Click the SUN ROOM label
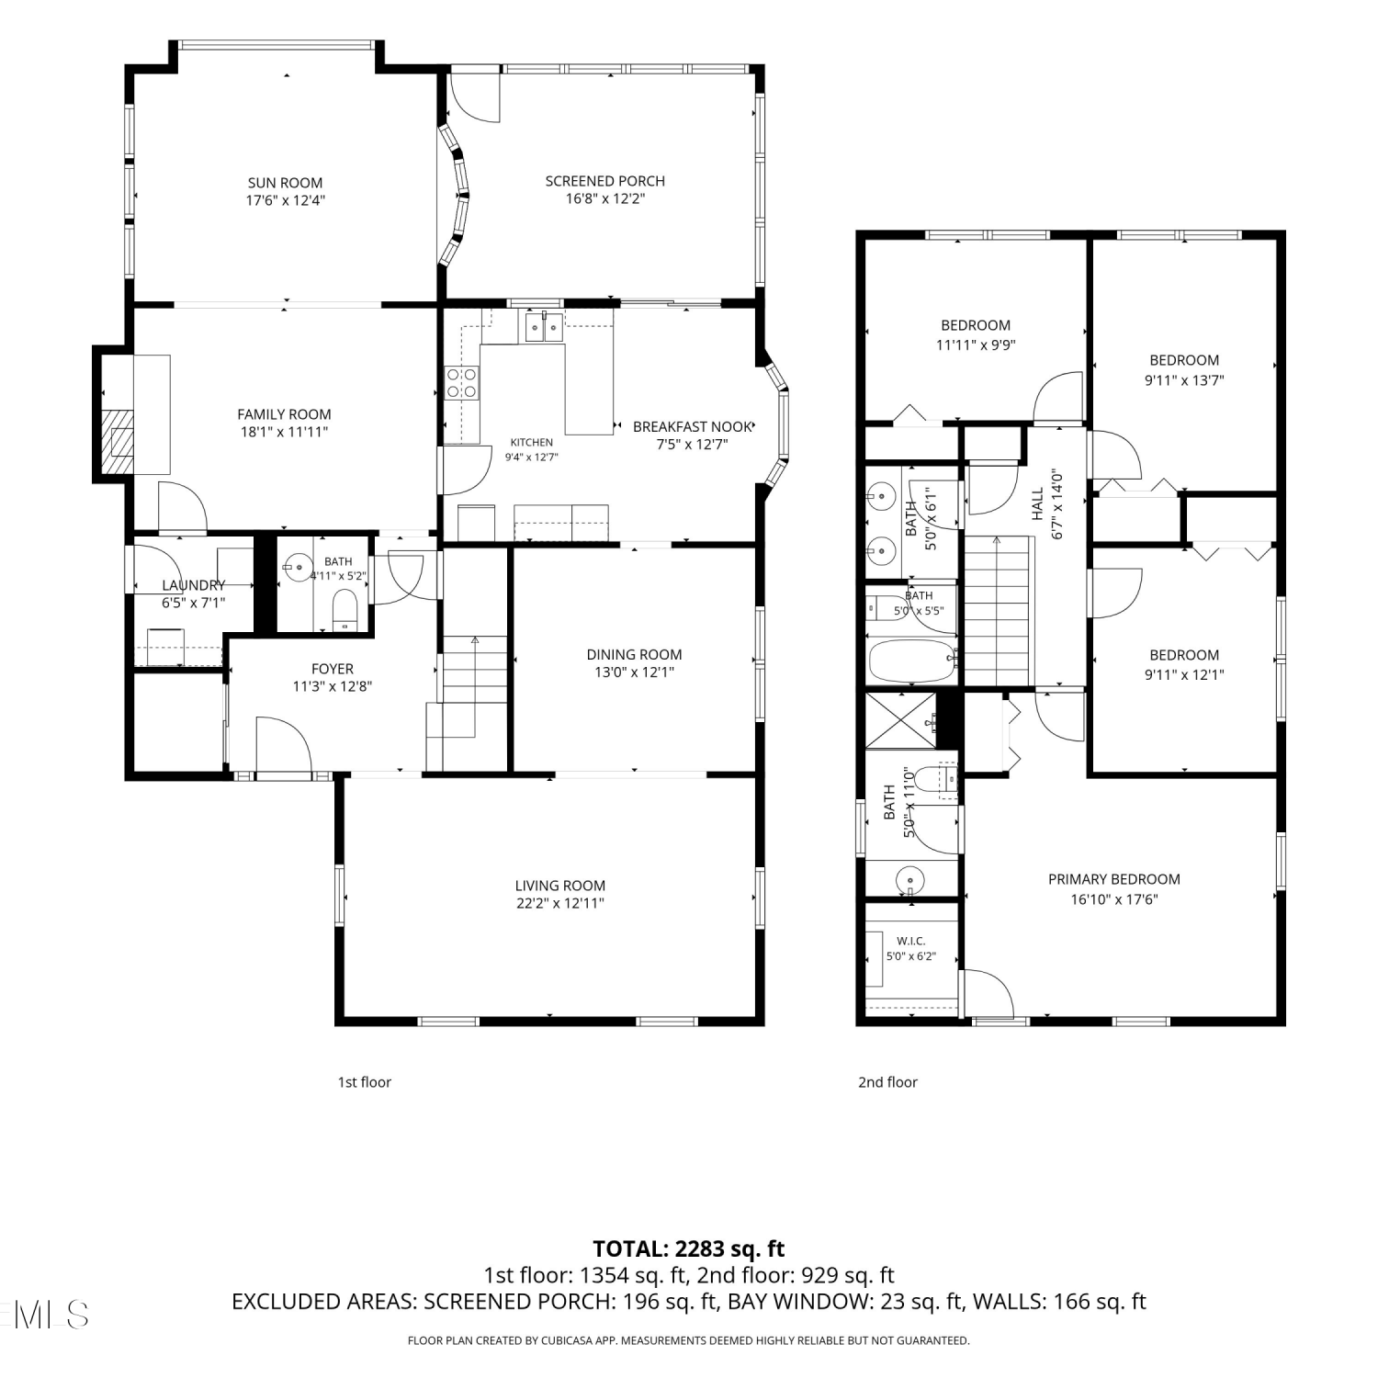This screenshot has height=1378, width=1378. pyautogui.click(x=285, y=183)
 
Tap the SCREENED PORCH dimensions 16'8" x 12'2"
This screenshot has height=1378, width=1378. pyautogui.click(x=605, y=198)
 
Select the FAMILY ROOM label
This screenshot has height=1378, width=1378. pyautogui.click(x=284, y=414)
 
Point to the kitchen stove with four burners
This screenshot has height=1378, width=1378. pyautogui.click(x=462, y=382)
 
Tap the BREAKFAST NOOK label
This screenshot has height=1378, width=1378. pyautogui.click(x=693, y=426)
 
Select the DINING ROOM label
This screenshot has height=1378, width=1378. pyautogui.click(x=634, y=655)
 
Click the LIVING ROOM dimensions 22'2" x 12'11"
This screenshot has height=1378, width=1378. pyautogui.click(x=559, y=903)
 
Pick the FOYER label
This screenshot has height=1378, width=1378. pyautogui.click(x=332, y=669)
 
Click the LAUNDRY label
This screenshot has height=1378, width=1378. pyautogui.click(x=193, y=585)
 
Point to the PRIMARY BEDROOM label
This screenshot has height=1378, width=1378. pyautogui.click(x=1114, y=879)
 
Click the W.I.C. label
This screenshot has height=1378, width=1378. pyautogui.click(x=910, y=941)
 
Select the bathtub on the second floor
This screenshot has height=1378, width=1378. pyautogui.click(x=913, y=661)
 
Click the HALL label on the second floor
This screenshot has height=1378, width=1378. pyautogui.click(x=1037, y=503)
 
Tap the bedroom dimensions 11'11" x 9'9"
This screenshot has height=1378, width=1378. pyautogui.click(x=976, y=345)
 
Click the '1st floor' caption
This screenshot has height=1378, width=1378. pyautogui.click(x=364, y=1082)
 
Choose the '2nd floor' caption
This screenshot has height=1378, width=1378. pyautogui.click(x=887, y=1082)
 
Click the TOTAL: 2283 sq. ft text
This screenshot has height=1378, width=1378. pyautogui.click(x=689, y=1248)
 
